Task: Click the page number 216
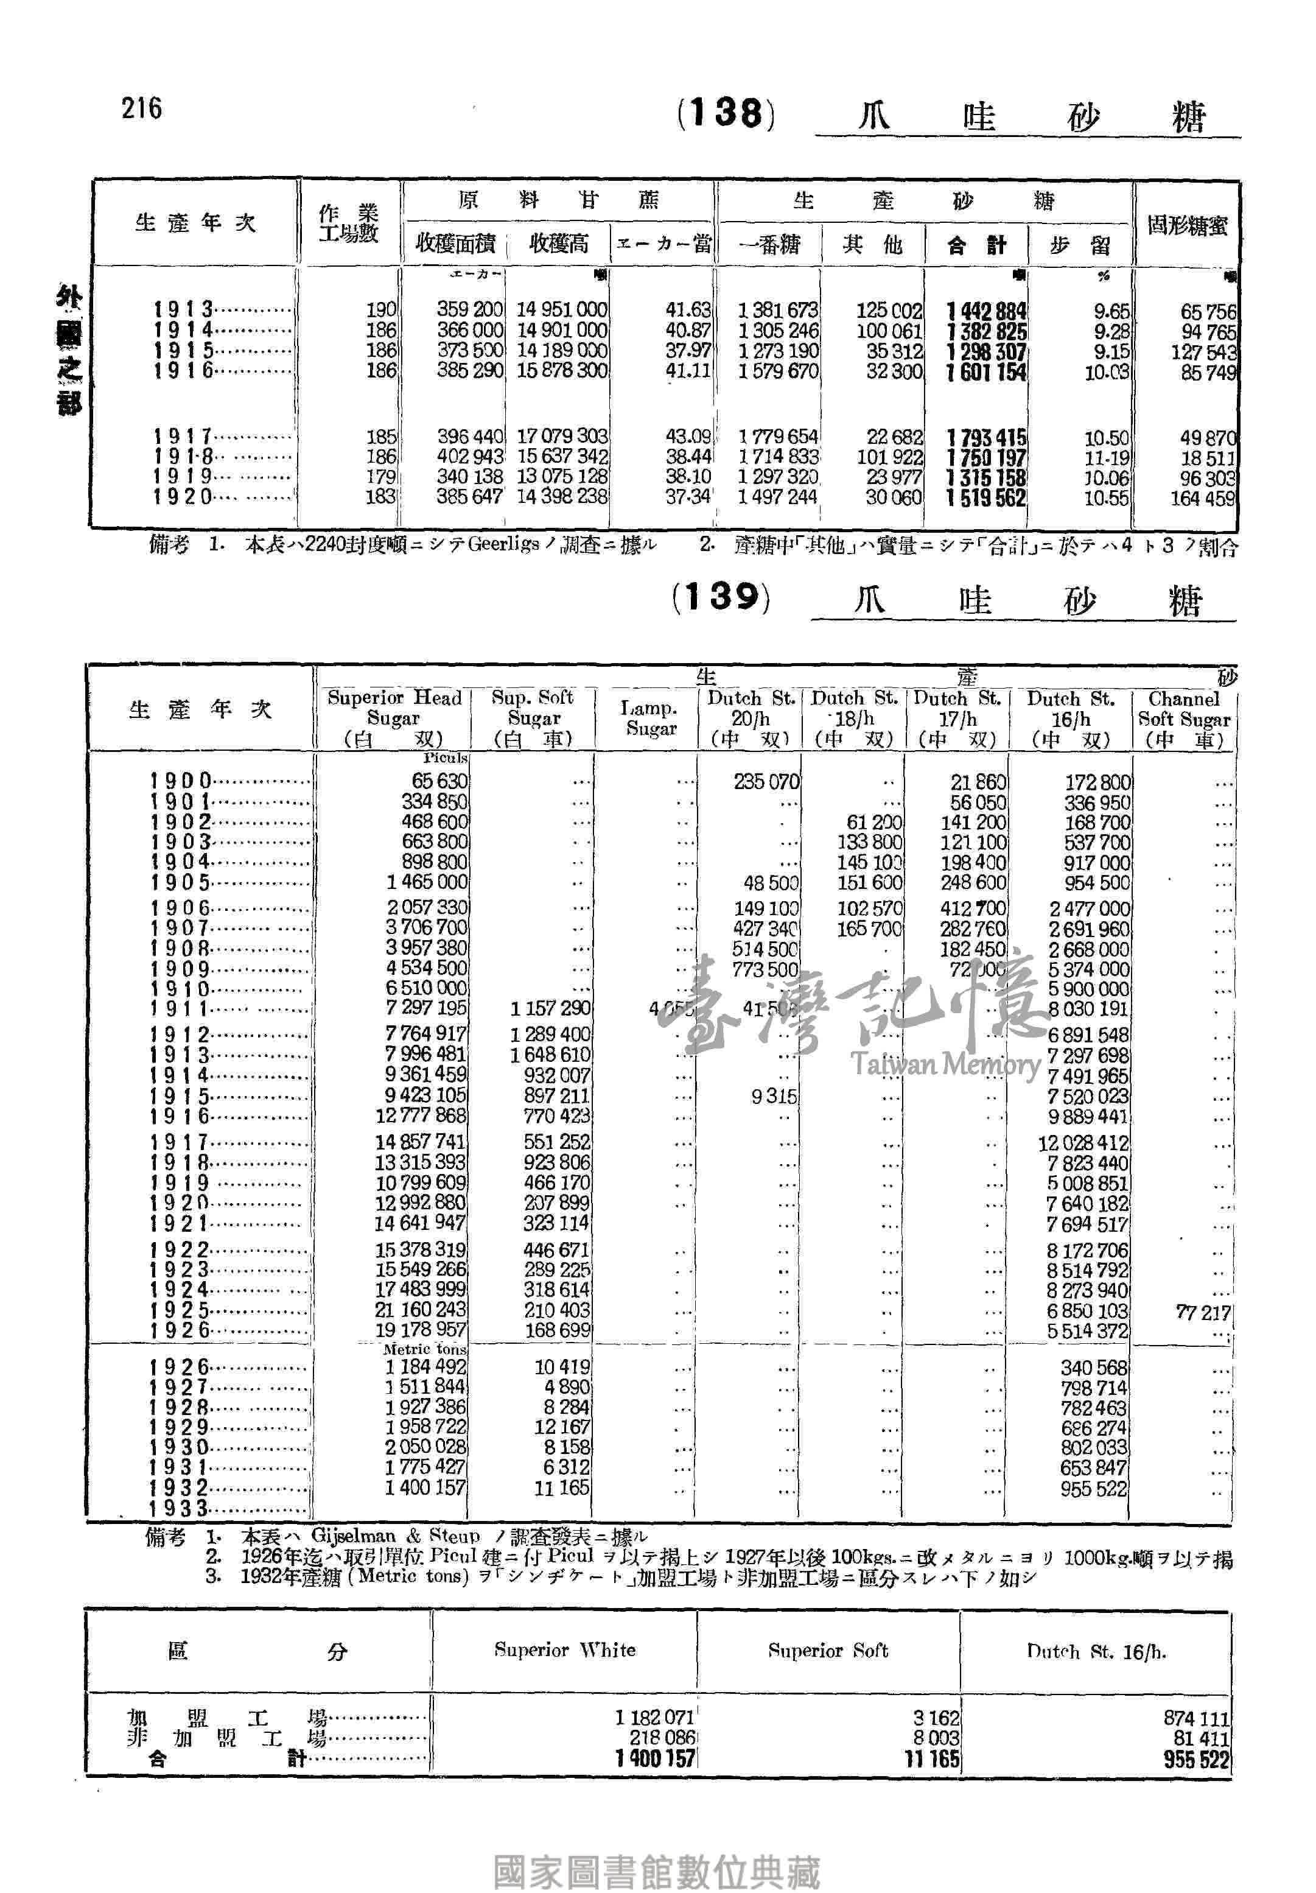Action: coord(142,108)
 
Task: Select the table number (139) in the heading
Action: coord(721,596)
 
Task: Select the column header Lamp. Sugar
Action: coord(649,717)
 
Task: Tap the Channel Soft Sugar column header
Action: coord(1183,717)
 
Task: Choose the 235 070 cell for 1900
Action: coord(766,782)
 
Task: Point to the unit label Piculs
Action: coord(445,757)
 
